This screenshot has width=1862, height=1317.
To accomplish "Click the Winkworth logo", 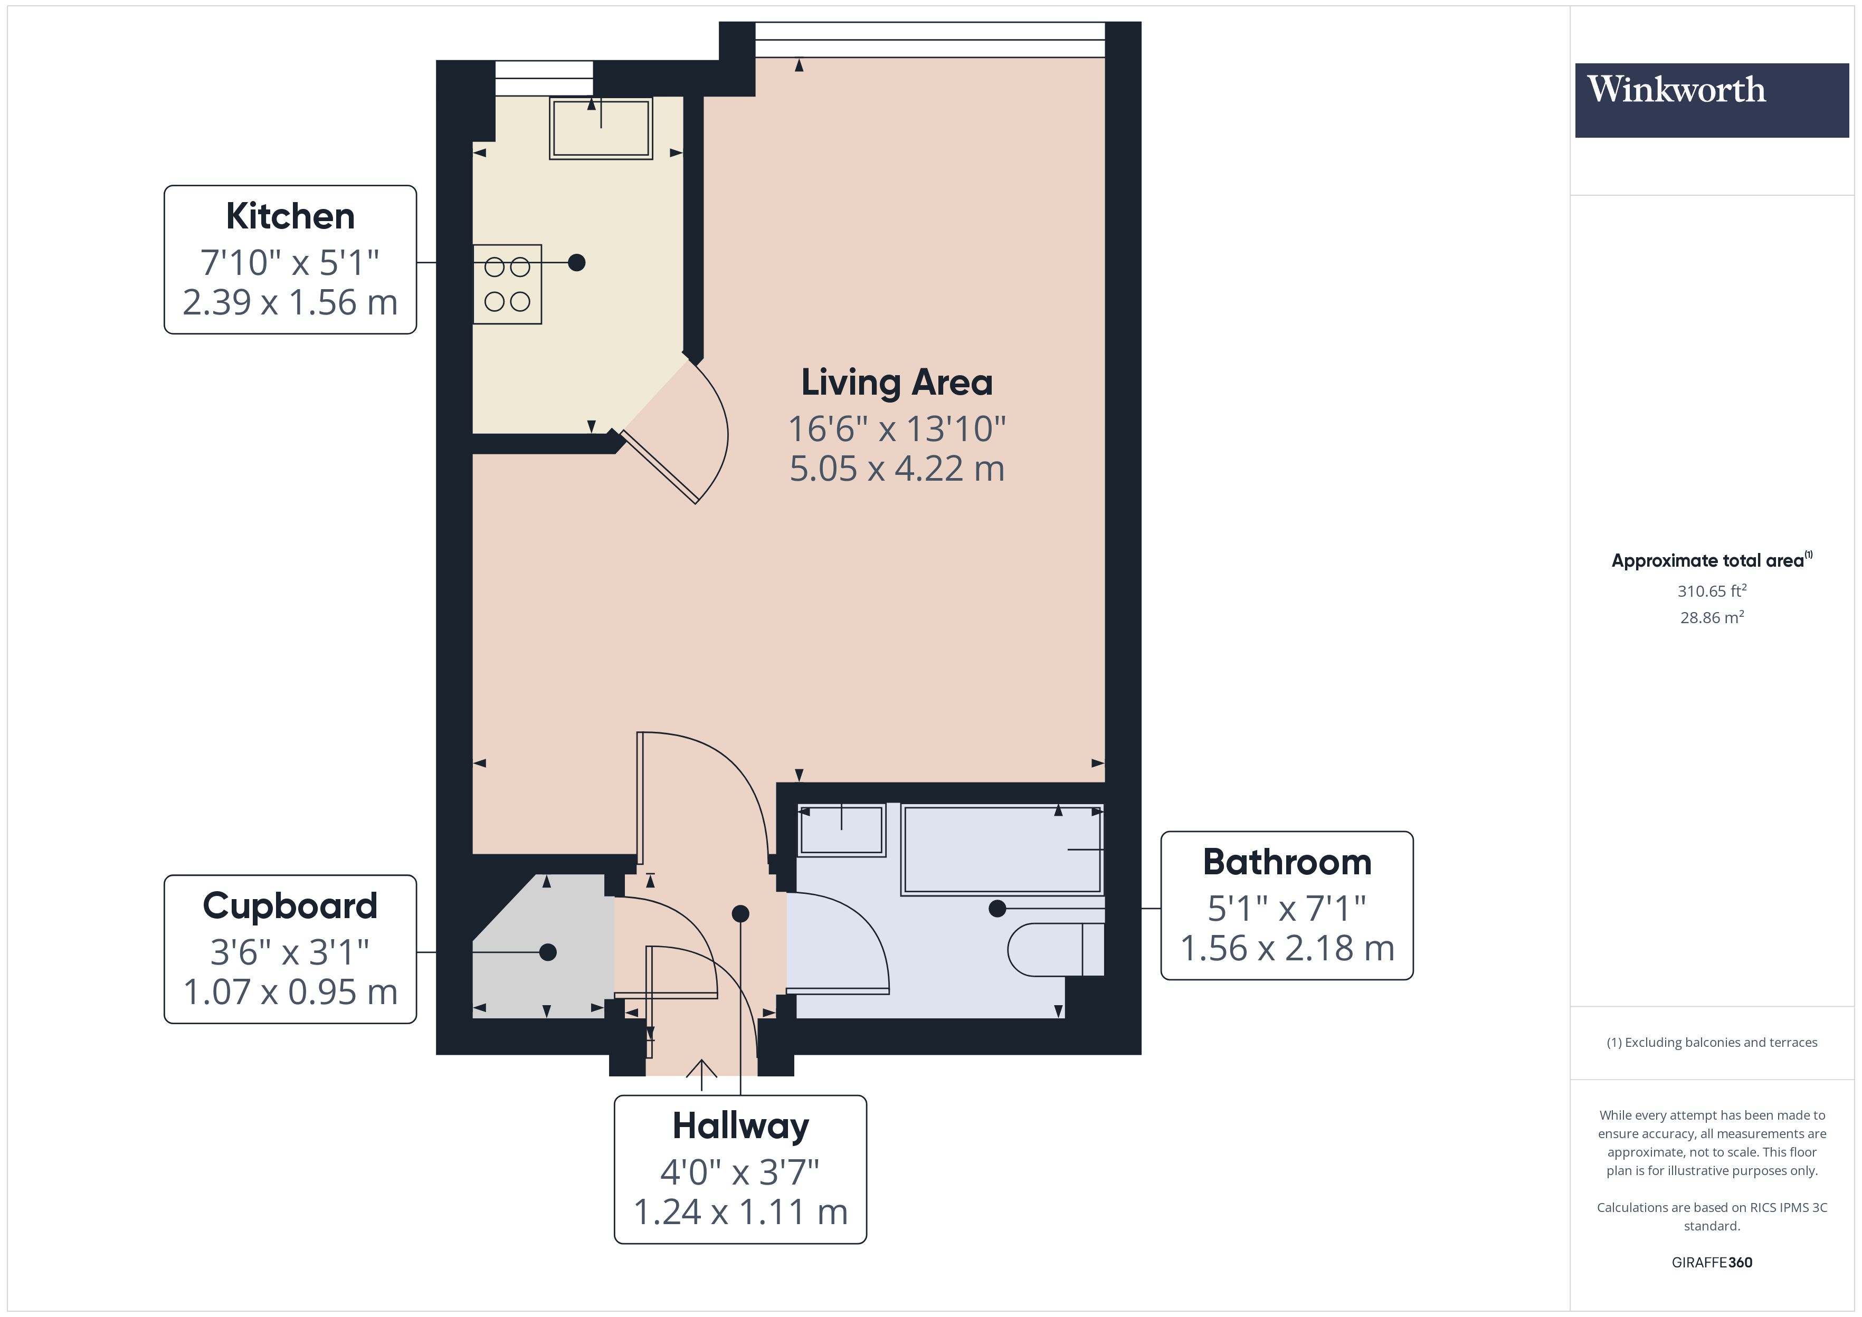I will tap(1711, 99).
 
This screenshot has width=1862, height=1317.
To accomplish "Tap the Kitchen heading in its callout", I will tap(290, 216).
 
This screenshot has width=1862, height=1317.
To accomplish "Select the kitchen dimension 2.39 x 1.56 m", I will tap(290, 302).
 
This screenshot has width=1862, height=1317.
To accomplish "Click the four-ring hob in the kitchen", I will tap(507, 284).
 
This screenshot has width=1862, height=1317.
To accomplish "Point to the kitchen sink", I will tap(601, 128).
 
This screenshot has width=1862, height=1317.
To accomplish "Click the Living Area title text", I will tap(896, 383).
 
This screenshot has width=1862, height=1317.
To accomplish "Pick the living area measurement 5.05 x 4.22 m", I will tap(896, 469).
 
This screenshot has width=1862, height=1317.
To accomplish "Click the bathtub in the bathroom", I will tap(1002, 849).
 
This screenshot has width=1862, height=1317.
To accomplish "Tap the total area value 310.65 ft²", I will tap(1711, 591).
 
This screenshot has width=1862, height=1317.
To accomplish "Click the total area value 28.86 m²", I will tap(1711, 617).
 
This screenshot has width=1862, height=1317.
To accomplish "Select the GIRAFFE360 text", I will tap(1711, 1262).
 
